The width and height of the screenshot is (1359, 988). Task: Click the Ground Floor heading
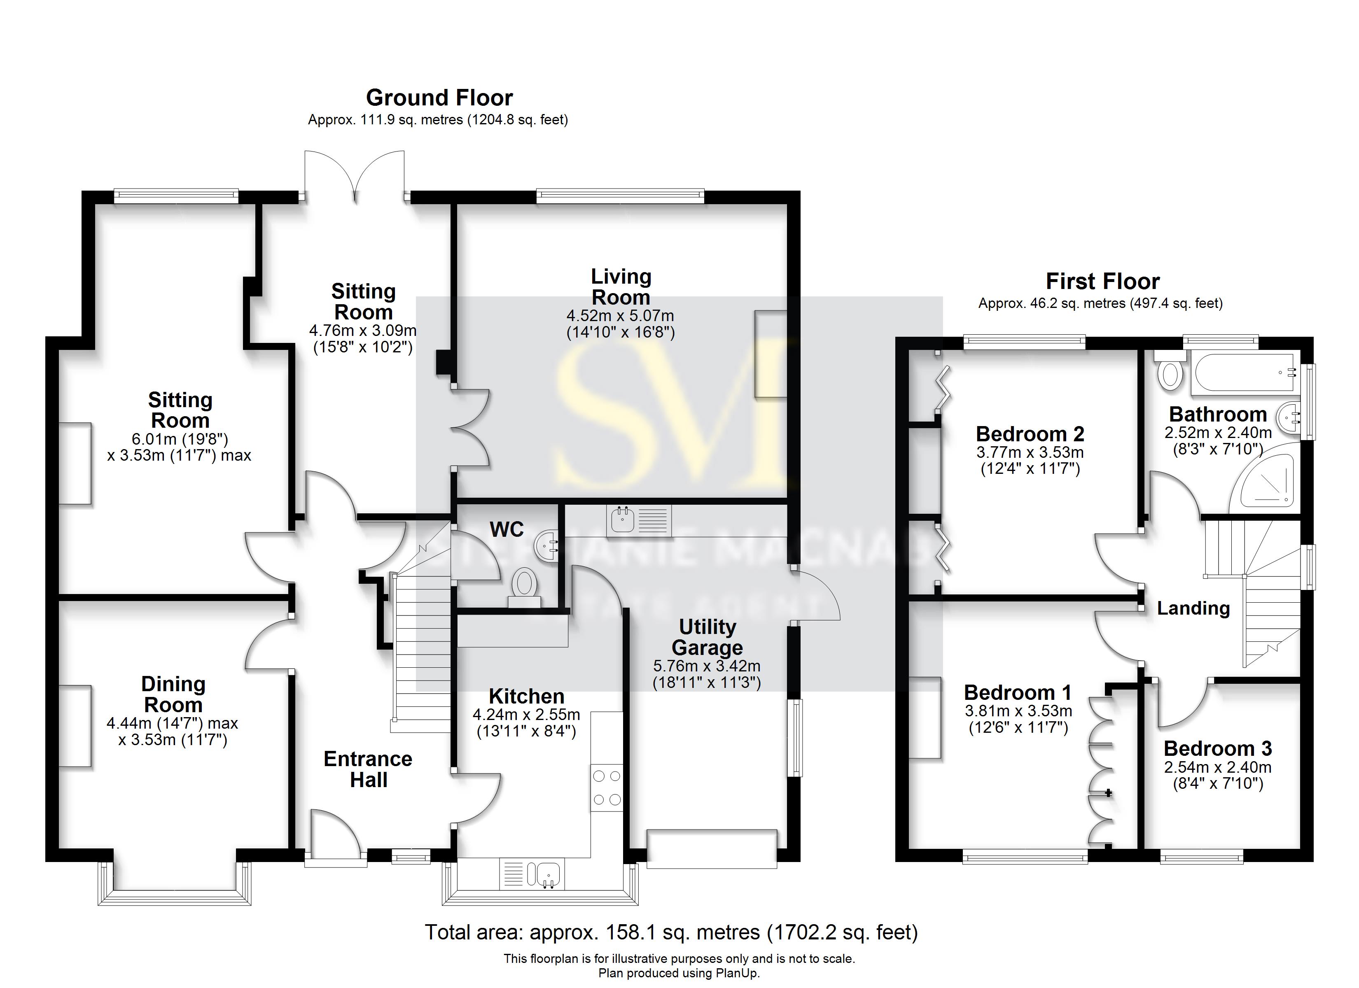439,98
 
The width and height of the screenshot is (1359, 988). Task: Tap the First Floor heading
1102,281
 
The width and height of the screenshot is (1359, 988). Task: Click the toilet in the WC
524,584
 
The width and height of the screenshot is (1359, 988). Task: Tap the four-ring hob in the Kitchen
606,788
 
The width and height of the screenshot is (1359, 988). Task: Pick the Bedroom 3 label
1218,748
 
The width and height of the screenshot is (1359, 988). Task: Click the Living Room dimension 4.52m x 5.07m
620,316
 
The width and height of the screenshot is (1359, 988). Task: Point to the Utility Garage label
707,638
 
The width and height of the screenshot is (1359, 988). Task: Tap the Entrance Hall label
368,769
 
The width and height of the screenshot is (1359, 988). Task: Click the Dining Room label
173,694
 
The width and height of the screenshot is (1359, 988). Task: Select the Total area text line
671,932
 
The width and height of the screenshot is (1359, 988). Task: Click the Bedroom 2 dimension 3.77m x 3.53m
1030,452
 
